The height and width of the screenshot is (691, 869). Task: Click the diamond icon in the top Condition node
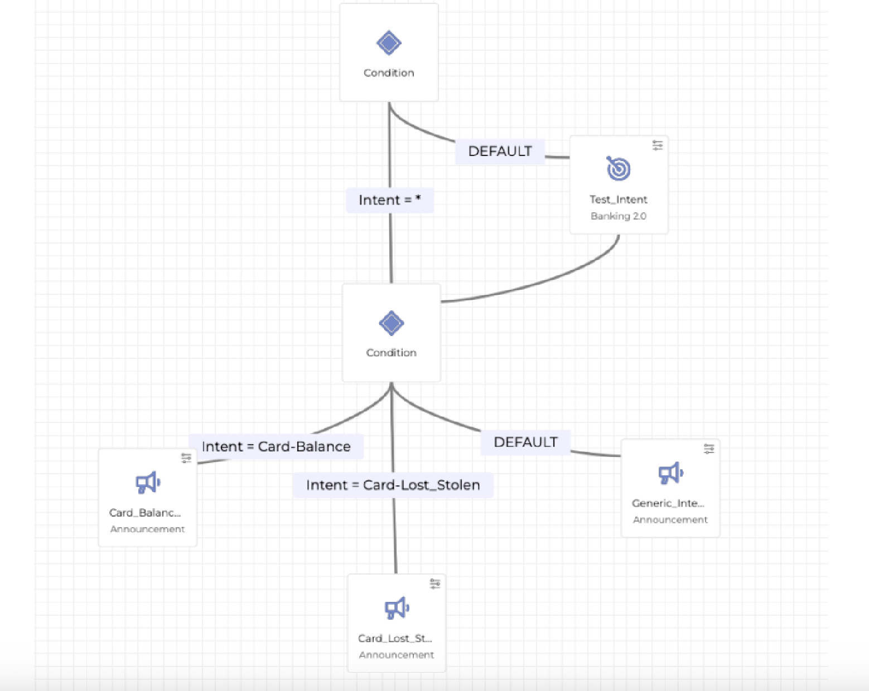389,43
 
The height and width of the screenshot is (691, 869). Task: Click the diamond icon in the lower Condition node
391,323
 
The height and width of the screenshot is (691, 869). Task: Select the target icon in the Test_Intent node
619,168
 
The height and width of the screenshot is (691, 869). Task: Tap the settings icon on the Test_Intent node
658,145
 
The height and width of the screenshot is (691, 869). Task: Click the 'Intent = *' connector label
389,200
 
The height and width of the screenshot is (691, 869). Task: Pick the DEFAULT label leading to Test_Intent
500,152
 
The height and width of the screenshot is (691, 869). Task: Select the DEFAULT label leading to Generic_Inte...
525,442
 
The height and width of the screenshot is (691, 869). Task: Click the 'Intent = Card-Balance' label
276,447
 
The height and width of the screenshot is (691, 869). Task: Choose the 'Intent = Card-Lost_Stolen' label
393,485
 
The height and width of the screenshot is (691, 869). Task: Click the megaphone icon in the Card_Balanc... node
148,483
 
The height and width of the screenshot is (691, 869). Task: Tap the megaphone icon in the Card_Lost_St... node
397,608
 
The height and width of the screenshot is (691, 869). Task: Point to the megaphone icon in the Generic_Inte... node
670,473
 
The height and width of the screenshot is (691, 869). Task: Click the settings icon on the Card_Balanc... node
187,458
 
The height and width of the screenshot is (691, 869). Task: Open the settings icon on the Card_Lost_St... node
436,584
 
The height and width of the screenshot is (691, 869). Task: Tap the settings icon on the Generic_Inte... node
709,449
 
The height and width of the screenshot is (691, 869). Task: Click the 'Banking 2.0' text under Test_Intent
619,216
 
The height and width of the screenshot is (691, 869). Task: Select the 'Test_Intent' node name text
619,199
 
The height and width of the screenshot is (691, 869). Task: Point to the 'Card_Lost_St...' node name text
395,639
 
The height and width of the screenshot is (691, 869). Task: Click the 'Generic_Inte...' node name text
668,504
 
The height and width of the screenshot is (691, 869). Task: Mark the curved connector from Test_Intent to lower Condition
547,281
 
